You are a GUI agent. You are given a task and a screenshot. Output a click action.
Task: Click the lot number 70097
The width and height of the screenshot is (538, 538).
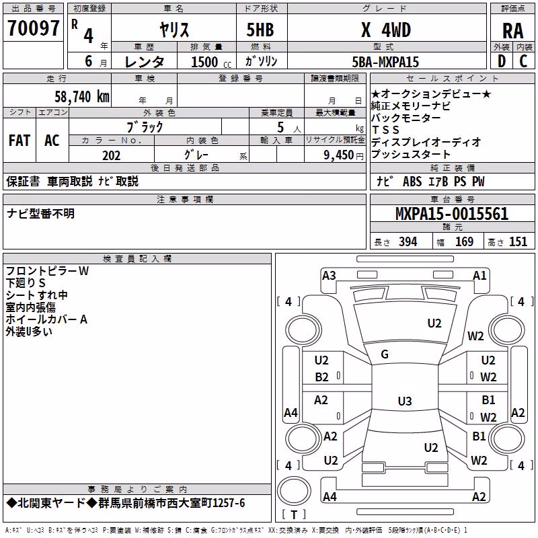point(33,28)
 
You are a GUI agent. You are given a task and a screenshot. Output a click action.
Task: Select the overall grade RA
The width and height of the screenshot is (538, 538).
point(513,31)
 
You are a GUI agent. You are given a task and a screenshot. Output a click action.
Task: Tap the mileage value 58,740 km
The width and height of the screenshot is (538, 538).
point(82,97)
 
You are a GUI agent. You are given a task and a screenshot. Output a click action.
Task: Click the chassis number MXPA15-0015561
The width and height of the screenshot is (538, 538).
point(452,214)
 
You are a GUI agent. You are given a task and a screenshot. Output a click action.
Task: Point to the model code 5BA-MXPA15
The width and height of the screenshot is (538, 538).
point(385,62)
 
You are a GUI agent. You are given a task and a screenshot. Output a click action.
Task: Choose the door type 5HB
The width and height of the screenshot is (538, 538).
point(260,30)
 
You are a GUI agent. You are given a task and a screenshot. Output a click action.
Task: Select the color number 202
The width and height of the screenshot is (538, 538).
point(112,155)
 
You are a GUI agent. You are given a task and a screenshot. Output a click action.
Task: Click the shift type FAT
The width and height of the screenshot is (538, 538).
point(20,141)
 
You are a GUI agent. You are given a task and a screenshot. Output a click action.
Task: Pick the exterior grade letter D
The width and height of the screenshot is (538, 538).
point(502,61)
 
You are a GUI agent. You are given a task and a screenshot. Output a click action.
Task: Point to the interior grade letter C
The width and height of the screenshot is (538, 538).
point(523,61)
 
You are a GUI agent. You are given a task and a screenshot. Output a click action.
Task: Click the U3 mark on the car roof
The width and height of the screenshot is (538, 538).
point(405,401)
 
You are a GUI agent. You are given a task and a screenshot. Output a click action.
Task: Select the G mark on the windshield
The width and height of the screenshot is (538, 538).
point(385,354)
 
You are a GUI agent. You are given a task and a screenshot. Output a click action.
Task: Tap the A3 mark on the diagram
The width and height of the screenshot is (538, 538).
point(329,276)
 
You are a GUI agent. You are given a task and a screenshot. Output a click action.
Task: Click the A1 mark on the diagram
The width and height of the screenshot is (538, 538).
point(479,276)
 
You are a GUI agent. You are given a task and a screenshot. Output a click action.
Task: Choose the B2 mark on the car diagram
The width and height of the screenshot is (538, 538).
point(322,377)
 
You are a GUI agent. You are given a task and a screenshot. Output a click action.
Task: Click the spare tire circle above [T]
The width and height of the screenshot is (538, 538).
point(294,491)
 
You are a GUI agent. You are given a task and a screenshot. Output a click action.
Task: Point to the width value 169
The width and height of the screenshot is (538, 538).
point(464,241)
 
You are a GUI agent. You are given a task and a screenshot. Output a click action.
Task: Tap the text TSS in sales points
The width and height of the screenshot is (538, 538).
point(385,130)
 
